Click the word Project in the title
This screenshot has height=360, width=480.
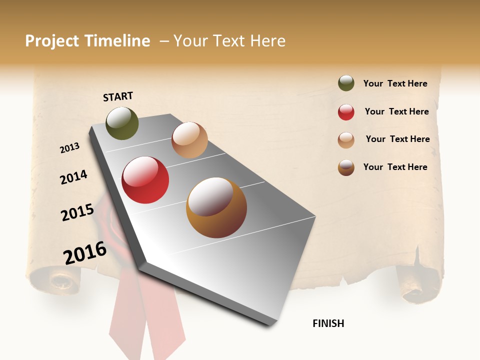tap(52, 41)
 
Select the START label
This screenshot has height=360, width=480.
tap(118, 96)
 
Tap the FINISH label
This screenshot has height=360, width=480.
tap(328, 323)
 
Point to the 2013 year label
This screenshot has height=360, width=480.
tap(70, 148)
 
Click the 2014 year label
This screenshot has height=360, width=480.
tap(74, 177)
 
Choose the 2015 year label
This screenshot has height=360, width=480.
tap(77, 212)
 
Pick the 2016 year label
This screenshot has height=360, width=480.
tap(85, 253)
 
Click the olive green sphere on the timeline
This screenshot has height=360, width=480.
tap(122, 123)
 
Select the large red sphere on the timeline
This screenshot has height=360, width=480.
tap(145, 180)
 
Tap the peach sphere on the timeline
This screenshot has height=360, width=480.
tap(189, 140)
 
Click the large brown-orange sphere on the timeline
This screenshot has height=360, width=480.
tap(216, 207)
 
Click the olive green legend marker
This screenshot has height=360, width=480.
tap(346, 83)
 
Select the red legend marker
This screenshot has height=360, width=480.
tap(346, 112)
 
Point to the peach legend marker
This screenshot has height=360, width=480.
tap(346, 140)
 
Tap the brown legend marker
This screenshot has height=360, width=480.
tap(346, 167)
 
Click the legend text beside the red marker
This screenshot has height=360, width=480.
tap(396, 111)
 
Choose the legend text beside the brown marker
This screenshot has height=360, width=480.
tap(395, 167)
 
